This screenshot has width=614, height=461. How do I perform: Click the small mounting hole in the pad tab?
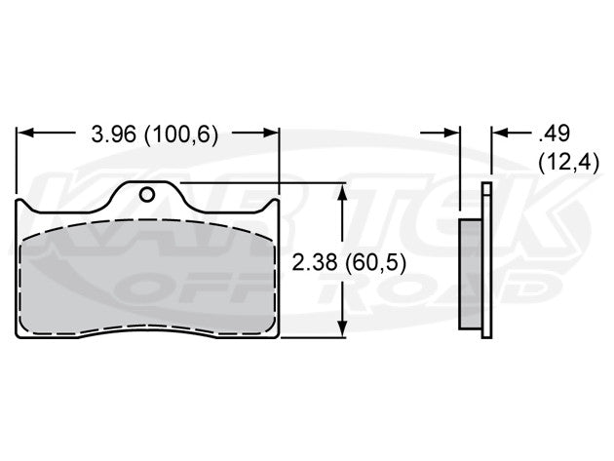147,193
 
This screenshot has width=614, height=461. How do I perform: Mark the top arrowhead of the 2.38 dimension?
341,190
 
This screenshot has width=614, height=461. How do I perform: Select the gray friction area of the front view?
146,278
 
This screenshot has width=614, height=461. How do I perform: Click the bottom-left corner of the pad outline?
21,336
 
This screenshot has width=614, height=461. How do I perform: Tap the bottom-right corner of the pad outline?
277,336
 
